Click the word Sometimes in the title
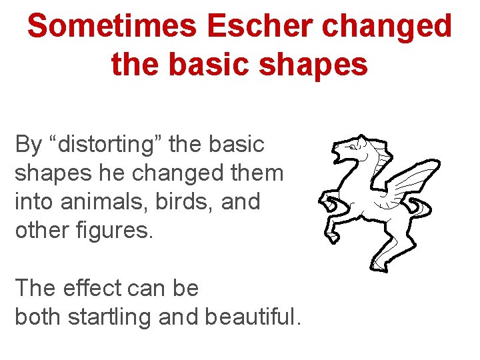pos(112,27)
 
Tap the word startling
pos(109,318)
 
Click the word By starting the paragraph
pos(28,145)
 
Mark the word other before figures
pos(40,231)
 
